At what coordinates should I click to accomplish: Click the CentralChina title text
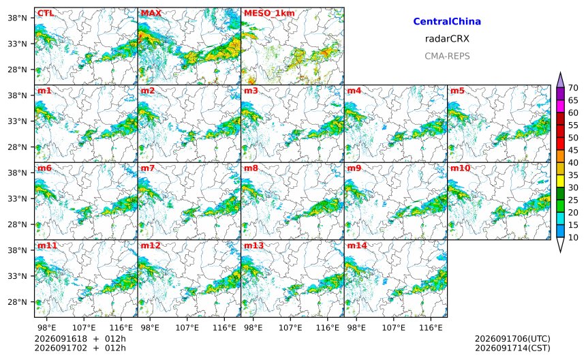pos(447,21)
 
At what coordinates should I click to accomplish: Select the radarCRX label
pos(447,38)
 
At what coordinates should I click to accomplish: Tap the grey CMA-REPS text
pos(447,56)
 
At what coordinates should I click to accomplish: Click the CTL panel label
pos(46,14)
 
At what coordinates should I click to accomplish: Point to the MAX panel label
pos(151,14)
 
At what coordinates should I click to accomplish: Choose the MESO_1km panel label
pos(269,14)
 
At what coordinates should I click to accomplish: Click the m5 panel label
pos(457,91)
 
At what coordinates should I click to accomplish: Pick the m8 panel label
pos(251,168)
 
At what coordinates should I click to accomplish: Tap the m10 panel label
pos(460,168)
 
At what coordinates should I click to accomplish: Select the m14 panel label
pos(357,245)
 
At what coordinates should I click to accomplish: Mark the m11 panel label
pos(47,245)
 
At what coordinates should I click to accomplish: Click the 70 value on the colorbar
pos(573,88)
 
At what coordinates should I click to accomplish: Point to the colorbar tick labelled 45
pos(573,150)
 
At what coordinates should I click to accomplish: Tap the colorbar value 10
pos(573,237)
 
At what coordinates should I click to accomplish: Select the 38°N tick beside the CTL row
pos(18,18)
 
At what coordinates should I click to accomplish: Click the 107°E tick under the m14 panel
pos(394,328)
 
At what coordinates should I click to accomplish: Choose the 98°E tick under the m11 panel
pos(47,328)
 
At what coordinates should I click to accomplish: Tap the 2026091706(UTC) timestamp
pos(512,339)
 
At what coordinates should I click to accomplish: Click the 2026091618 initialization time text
pos(61,339)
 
